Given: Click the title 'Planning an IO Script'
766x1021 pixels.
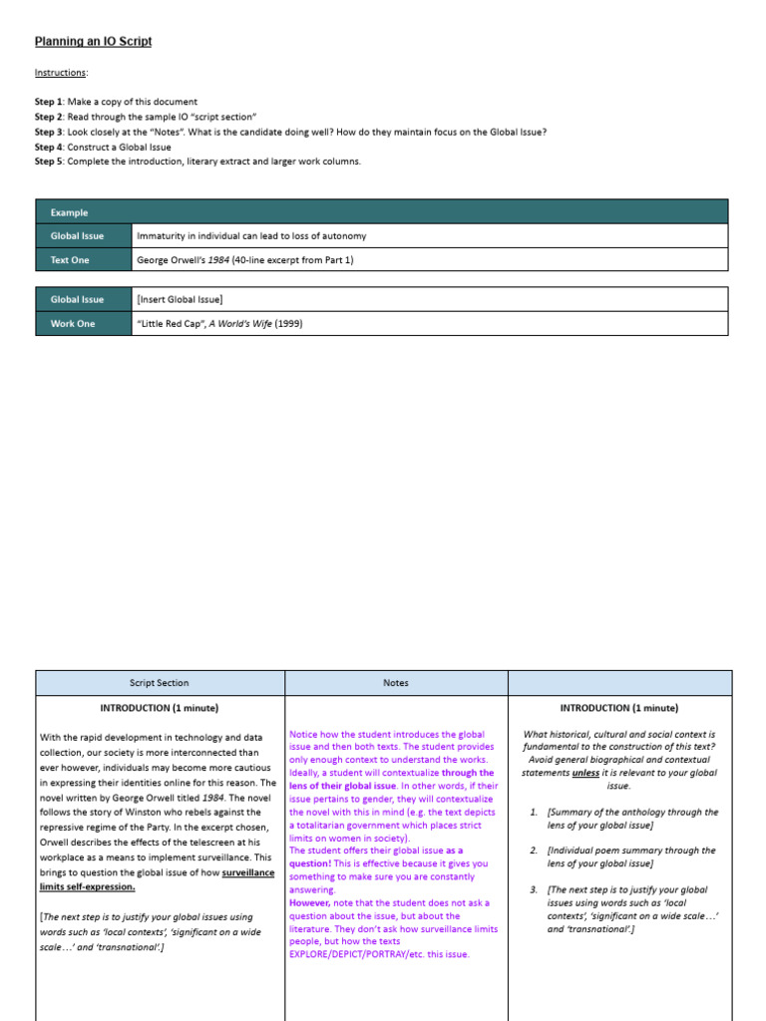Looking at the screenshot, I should coord(94,42).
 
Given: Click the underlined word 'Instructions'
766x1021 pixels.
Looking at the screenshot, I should coord(61,73).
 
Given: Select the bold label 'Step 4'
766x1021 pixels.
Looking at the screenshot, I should coord(54,147).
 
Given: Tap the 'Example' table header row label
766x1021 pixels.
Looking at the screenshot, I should coord(69,212).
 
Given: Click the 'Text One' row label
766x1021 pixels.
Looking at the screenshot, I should coord(70,260).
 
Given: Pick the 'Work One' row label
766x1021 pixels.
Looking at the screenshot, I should coord(73,323).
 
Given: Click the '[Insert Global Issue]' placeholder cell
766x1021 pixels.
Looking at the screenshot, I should coord(180,299).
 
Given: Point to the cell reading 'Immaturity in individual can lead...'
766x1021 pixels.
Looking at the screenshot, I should coord(251,236).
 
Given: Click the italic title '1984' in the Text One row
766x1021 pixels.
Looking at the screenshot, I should coord(217,260).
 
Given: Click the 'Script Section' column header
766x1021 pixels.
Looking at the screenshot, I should coord(160,683).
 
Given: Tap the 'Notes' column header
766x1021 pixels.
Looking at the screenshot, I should coord(396,683).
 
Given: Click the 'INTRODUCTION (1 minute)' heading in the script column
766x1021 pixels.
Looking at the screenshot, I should coord(160,708).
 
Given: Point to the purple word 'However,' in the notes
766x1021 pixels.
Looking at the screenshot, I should coord(309,902).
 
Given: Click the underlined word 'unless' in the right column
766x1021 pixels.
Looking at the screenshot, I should coord(588,773).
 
